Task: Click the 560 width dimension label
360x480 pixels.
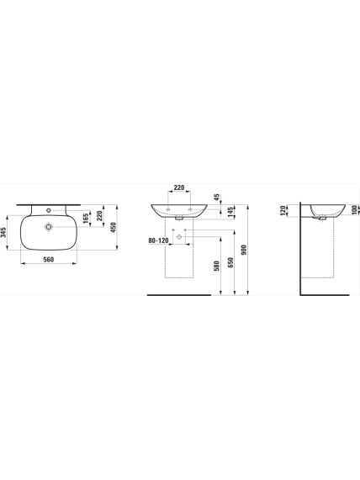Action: coord(49,260)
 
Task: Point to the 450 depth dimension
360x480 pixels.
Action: coord(113,227)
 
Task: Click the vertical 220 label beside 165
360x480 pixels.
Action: coord(99,215)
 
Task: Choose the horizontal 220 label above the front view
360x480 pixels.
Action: coord(179,187)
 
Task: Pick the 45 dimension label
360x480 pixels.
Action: coord(217,197)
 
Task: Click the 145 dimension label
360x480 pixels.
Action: coord(230,212)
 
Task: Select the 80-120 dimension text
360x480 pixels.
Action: coord(158,240)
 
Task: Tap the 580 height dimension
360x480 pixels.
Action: coord(217,266)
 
